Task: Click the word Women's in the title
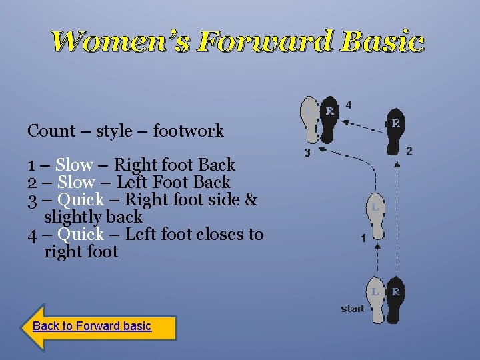(x=120, y=42)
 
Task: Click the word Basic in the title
(x=382, y=42)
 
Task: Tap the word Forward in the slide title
(x=267, y=42)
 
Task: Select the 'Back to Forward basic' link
(x=92, y=326)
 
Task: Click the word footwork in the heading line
(x=188, y=131)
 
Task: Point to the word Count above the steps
(x=51, y=131)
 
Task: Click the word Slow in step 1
(x=74, y=165)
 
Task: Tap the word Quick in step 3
(x=81, y=199)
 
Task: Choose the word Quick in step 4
(x=81, y=234)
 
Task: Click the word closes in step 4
(x=196, y=234)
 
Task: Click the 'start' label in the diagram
(x=353, y=309)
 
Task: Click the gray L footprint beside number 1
(x=376, y=217)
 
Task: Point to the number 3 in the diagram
(x=307, y=153)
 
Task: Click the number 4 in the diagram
(x=349, y=105)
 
